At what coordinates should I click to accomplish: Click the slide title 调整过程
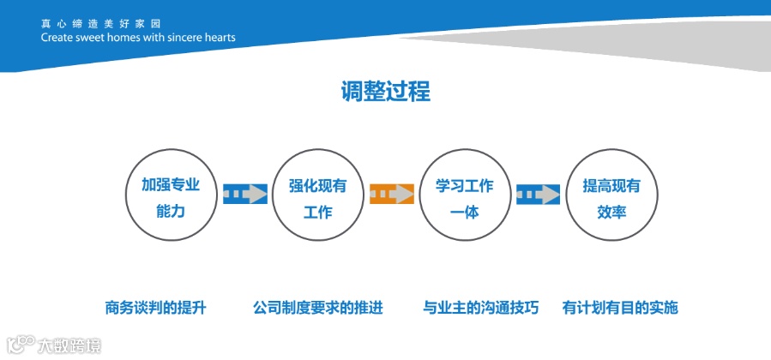coord(385,91)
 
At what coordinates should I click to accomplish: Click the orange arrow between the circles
coord(391,195)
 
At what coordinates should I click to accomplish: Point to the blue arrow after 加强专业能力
coord(244,195)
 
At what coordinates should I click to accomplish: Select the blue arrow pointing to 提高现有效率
coord(538,195)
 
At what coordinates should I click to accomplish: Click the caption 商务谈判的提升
coord(155,307)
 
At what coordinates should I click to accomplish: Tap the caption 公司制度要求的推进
coord(317,307)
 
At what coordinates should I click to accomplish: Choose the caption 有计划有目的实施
coord(620,307)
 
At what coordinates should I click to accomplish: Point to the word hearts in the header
coord(218,38)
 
